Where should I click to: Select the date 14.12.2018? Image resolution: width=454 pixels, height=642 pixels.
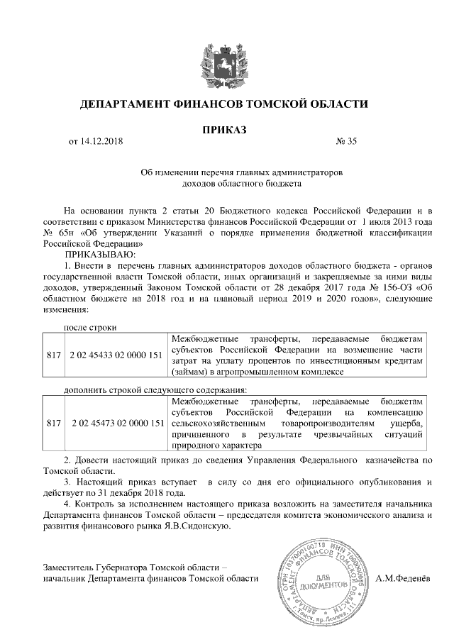point(101,141)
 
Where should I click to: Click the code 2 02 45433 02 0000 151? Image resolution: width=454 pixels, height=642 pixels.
point(116,353)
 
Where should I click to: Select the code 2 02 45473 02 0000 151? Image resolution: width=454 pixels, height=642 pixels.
point(116,423)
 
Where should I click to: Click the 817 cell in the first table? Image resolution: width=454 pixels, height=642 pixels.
point(53,353)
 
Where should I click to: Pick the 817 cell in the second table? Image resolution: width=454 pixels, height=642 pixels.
point(53,423)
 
